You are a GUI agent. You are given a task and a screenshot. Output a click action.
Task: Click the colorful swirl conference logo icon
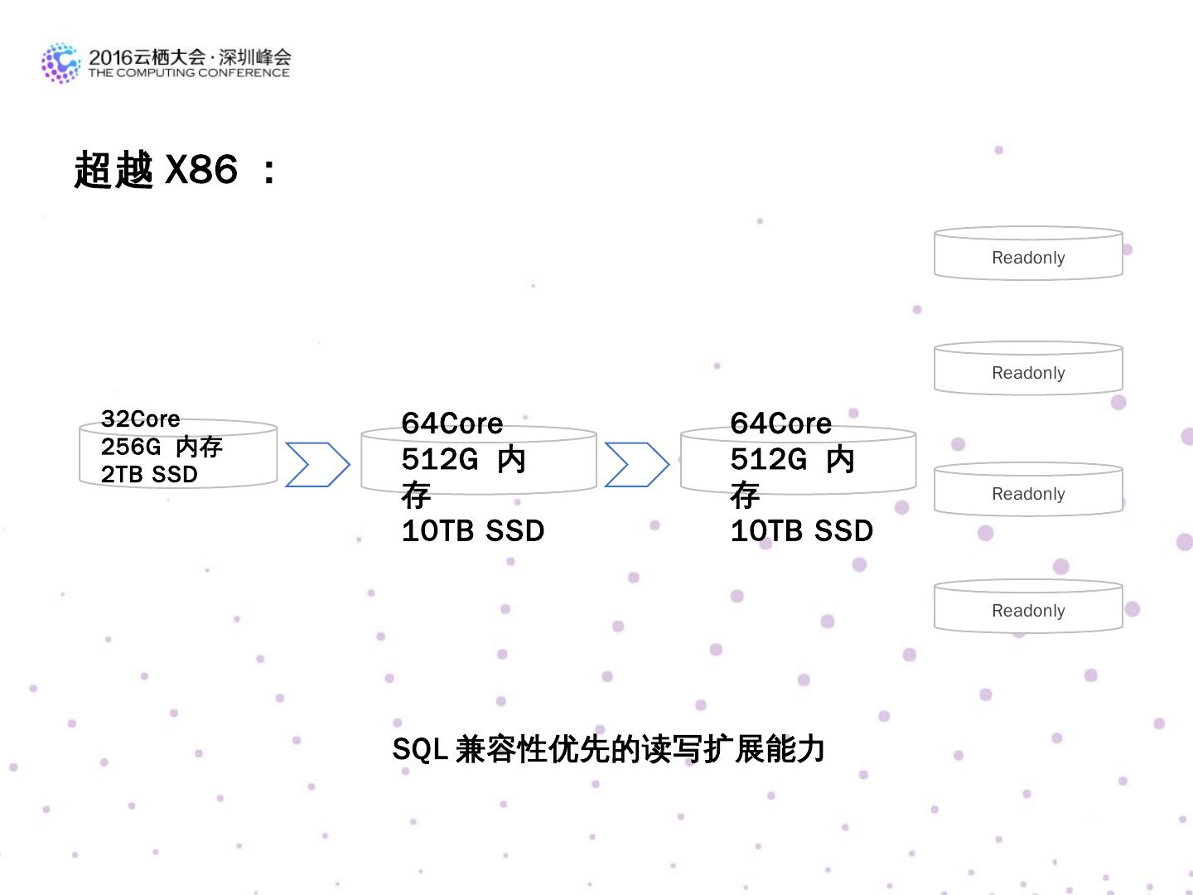[61, 63]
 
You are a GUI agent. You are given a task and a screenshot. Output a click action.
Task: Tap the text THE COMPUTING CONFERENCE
[189, 73]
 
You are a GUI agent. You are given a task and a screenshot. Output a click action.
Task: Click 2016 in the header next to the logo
[110, 57]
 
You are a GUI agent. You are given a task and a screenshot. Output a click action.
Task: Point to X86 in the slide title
[201, 170]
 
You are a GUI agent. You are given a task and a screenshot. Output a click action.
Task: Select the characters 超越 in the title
[114, 170]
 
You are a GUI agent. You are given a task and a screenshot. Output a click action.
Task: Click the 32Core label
[140, 419]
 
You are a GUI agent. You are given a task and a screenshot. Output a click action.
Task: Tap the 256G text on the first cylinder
[131, 447]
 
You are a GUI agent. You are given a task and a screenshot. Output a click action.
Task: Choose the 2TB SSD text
[149, 474]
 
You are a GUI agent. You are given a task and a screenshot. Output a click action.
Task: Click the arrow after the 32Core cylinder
[317, 465]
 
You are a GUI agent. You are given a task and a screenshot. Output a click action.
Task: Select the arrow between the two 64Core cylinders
[636, 465]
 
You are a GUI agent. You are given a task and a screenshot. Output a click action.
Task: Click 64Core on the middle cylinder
[452, 423]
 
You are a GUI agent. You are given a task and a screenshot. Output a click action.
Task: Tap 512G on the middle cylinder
[439, 459]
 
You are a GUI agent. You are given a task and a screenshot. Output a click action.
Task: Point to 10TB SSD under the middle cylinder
[472, 530]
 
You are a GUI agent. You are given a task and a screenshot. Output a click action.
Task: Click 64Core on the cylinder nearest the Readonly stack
[780, 423]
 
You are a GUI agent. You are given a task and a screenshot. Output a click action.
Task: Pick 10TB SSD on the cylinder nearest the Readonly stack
[801, 530]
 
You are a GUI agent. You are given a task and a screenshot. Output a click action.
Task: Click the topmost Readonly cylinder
[1028, 254]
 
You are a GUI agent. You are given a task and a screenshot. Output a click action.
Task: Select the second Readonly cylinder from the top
[1028, 369]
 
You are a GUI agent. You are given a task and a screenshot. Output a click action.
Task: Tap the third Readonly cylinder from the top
[1028, 490]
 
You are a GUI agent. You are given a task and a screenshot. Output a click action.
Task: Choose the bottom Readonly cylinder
[1028, 607]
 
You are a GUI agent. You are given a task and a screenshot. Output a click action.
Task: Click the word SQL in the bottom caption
[420, 749]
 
